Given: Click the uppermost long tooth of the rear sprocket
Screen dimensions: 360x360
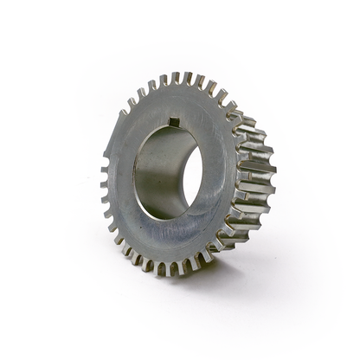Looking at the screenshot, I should tap(247, 120).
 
